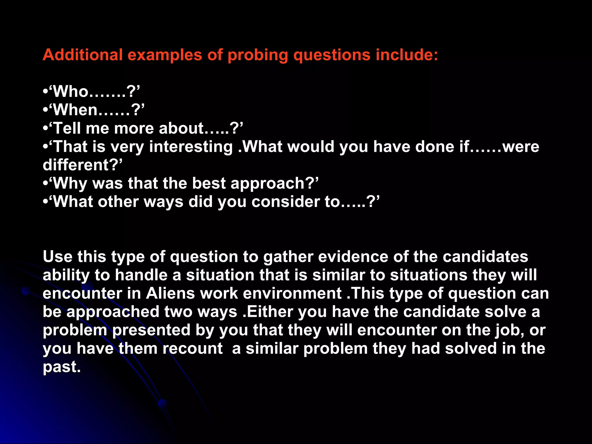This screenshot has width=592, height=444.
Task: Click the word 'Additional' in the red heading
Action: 83,55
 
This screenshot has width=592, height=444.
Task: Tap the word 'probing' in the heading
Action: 258,55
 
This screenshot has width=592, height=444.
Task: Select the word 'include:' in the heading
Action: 407,55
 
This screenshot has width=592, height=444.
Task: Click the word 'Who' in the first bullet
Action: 71,92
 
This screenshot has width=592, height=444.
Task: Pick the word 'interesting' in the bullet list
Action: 191,147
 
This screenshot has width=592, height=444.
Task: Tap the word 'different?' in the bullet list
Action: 82,165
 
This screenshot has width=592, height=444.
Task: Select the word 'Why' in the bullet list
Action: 70,184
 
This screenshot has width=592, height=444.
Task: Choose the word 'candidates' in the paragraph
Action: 485,257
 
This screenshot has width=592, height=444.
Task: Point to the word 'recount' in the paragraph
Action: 193,349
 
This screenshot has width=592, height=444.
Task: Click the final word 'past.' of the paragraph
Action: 62,367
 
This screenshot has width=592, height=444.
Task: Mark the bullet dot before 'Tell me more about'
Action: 45,128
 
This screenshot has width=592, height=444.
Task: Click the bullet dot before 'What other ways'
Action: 45,202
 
